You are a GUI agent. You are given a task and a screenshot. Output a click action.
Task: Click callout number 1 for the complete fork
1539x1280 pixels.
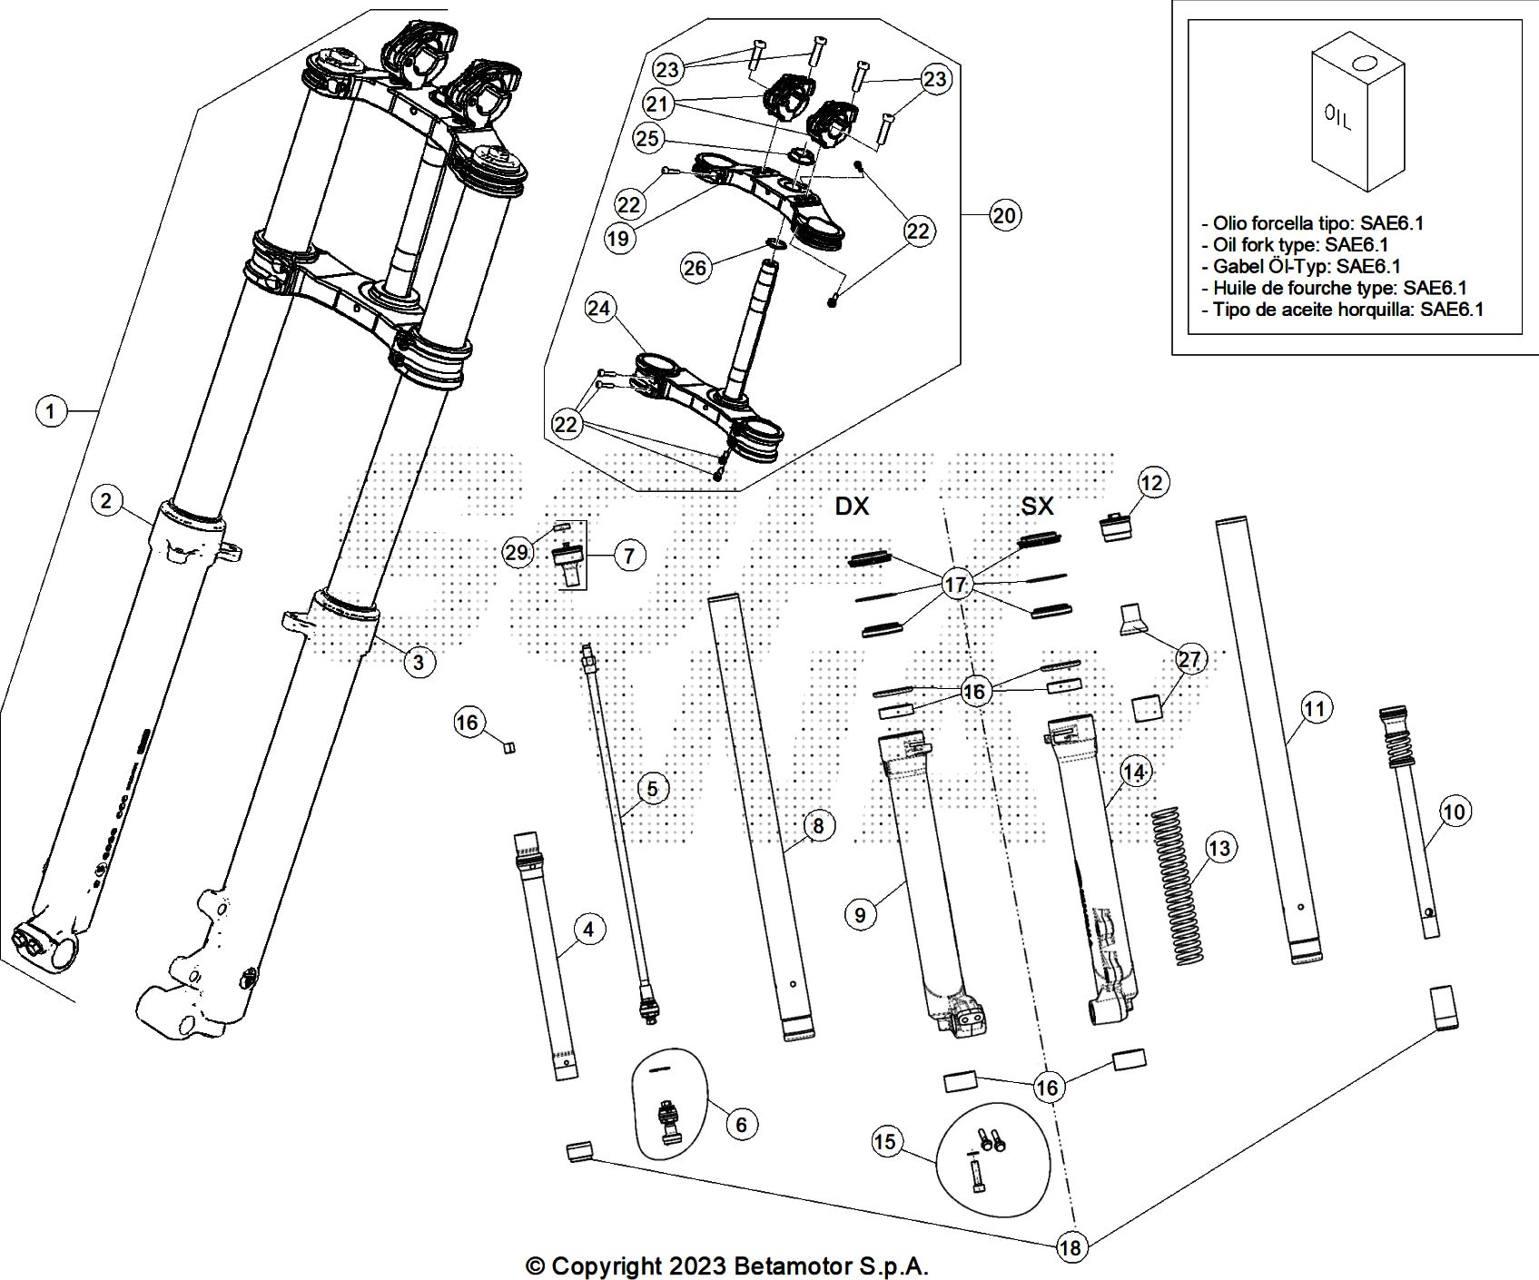tap(51, 412)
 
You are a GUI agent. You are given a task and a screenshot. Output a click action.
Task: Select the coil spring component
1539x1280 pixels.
tap(1178, 882)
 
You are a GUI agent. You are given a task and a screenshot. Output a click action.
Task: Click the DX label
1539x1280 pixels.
tap(852, 507)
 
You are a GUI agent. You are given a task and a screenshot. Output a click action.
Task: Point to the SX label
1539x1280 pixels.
tap(1038, 507)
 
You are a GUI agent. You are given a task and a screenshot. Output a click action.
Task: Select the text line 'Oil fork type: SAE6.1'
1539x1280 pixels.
tap(1300, 244)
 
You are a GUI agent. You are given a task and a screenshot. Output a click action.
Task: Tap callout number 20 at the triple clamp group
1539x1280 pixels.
tap(1004, 215)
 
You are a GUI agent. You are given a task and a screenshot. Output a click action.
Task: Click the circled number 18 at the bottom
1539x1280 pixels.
tap(1071, 1248)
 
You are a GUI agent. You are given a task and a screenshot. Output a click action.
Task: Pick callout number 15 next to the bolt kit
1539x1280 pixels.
tap(884, 1141)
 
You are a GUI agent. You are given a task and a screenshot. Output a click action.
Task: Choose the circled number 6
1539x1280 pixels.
tap(741, 1125)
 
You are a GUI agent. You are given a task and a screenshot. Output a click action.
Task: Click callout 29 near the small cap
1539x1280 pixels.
tap(518, 552)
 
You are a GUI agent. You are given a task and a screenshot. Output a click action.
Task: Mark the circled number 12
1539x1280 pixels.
tap(1151, 483)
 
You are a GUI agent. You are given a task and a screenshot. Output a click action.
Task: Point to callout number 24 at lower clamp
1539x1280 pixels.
tap(598, 310)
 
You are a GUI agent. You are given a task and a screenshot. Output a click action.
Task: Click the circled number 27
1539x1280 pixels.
tap(1189, 660)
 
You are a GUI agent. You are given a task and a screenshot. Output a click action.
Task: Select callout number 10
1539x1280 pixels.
tap(1455, 811)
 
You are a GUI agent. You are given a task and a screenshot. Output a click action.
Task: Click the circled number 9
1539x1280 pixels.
tap(860, 914)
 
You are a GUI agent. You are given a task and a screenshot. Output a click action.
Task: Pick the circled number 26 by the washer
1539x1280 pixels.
tap(696, 268)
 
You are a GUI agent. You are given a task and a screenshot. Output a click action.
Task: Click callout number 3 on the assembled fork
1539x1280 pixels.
tap(418, 662)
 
